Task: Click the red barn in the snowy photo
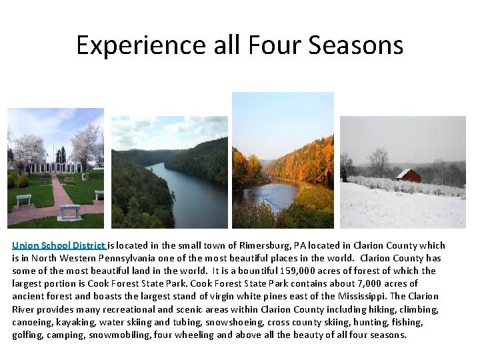point(408,175)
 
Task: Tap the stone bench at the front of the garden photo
point(70,212)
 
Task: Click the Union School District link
point(59,245)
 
